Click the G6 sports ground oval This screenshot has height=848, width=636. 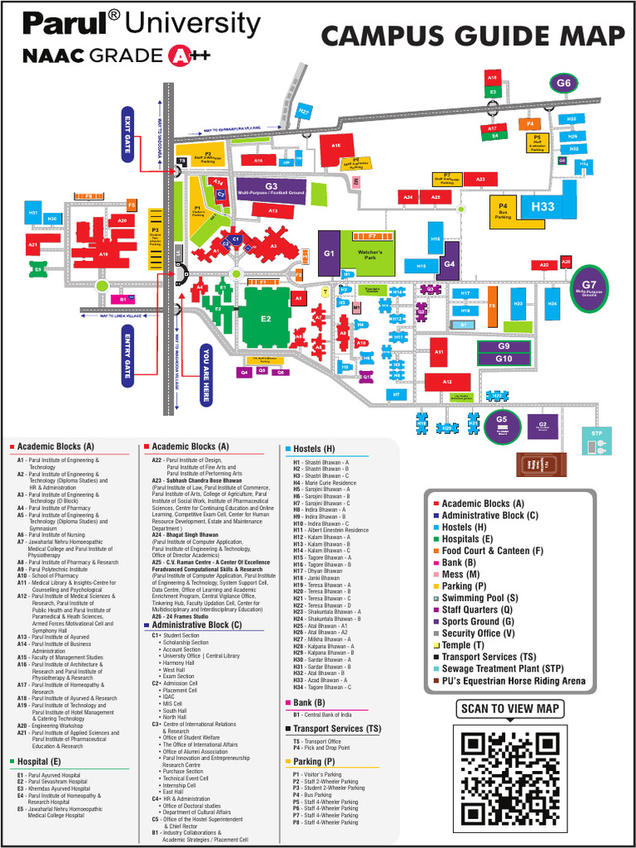pos(564,83)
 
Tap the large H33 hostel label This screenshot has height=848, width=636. pos(543,206)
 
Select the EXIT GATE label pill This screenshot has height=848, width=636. pos(128,133)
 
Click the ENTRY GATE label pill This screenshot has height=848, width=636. pos(127,354)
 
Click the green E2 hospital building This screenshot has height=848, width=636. pos(266,318)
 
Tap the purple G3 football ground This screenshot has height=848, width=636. pos(271,189)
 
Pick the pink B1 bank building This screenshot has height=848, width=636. pos(123,299)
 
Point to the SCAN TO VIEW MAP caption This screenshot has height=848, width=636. pos(510,709)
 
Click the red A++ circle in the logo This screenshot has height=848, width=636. pos(179,55)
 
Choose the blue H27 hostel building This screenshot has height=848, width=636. pos(304,111)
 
